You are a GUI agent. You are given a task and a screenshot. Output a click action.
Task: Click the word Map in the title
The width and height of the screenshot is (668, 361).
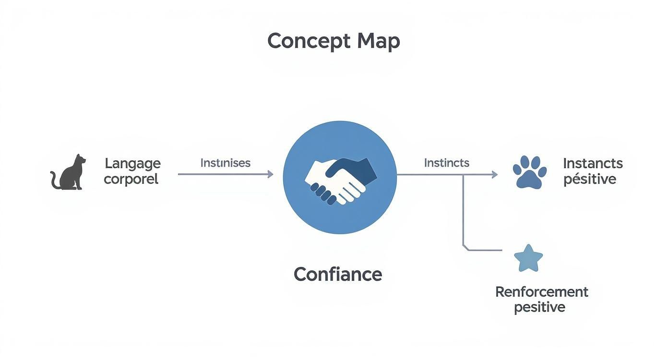pyautogui.click(x=378, y=41)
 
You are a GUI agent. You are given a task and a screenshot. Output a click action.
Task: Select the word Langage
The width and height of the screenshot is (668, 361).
pyautogui.click(x=132, y=163)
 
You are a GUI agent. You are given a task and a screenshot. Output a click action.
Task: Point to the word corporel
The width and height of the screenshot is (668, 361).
pyautogui.click(x=131, y=179)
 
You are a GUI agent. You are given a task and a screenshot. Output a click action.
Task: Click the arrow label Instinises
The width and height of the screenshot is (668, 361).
pyautogui.click(x=225, y=163)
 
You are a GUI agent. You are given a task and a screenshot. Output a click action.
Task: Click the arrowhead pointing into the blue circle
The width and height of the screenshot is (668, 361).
pyautogui.click(x=270, y=174)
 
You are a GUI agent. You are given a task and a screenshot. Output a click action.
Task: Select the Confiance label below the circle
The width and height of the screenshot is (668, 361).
pyautogui.click(x=338, y=274)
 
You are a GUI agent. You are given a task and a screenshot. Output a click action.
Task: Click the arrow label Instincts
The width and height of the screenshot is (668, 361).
pyautogui.click(x=446, y=163)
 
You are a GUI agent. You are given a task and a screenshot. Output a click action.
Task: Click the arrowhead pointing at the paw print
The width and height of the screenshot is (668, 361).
pyautogui.click(x=494, y=175)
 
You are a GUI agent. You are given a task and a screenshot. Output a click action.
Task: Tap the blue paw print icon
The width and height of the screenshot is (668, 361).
pyautogui.click(x=529, y=172)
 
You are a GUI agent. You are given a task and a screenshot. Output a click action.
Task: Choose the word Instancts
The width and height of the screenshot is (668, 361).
pyautogui.click(x=593, y=163)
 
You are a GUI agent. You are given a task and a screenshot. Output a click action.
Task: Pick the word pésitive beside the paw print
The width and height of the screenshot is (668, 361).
pyautogui.click(x=590, y=179)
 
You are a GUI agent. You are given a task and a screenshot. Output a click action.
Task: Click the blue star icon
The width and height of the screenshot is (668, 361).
pyautogui.click(x=528, y=259)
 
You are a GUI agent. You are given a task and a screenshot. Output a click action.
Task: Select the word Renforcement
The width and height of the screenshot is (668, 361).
pyautogui.click(x=541, y=291)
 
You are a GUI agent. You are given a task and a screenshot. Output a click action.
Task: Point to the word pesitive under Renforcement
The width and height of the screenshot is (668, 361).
pyautogui.click(x=539, y=307)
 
